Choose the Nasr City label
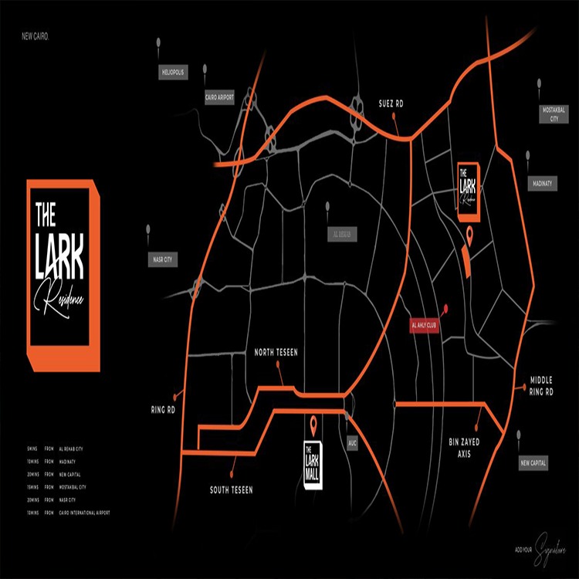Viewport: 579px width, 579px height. [x=163, y=260]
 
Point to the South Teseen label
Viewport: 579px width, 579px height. [x=231, y=489]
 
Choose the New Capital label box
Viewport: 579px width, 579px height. [x=533, y=462]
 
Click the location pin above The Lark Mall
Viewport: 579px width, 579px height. [x=313, y=423]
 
